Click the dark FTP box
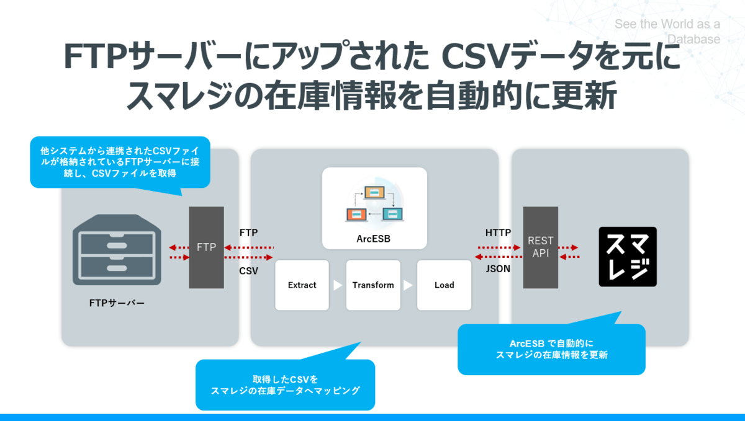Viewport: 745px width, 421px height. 206,247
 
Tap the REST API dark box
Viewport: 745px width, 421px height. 540,247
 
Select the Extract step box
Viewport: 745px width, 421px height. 302,285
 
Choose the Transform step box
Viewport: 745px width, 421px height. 373,285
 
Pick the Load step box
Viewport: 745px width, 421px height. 444,285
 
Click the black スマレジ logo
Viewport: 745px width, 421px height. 627,257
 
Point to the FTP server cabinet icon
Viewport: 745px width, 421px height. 117,249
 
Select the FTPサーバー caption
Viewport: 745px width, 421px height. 117,303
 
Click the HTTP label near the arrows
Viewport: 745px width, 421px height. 498,233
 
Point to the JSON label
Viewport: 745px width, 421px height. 498,269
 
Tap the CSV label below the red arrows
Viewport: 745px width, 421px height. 249,271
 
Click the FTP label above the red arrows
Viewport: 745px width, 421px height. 249,233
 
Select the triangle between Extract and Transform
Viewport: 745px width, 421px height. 338,286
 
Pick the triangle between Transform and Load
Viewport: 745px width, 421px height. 409,286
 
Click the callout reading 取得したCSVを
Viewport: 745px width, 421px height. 285,384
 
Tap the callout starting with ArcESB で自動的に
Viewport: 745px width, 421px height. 551,349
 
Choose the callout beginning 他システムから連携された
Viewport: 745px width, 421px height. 120,162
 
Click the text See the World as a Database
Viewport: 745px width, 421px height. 667,32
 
